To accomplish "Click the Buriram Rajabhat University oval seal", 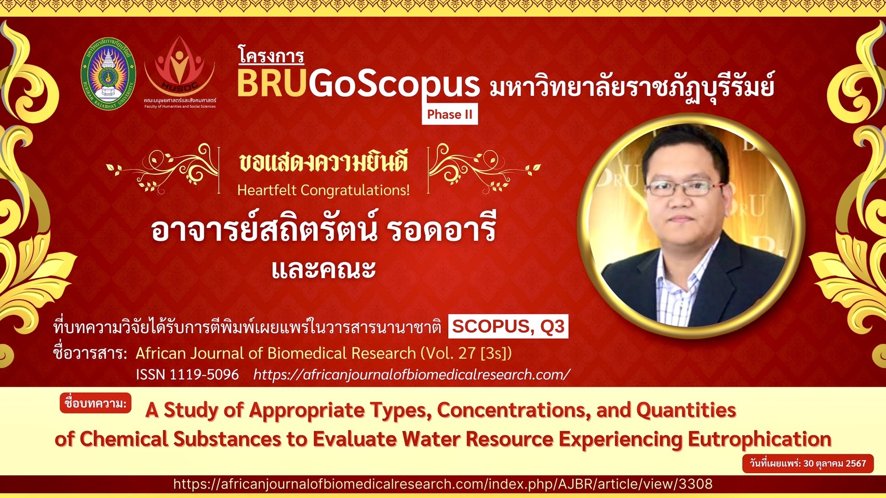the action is tap(108, 74).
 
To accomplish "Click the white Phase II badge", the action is tap(450, 114).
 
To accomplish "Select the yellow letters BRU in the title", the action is tap(272, 84).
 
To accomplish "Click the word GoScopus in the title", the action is tap(394, 86).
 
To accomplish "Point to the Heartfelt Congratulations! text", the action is tap(323, 190).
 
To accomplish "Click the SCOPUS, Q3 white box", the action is tap(508, 326).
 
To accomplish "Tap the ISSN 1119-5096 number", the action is tap(187, 375).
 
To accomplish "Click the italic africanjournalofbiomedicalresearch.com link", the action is tap(412, 375).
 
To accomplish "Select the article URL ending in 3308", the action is tap(443, 484).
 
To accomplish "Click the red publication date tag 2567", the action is tap(808, 463).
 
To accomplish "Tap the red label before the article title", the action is tap(96, 403).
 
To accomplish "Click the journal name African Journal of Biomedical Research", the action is tap(276, 353).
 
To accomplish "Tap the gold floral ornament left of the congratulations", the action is tap(162, 169).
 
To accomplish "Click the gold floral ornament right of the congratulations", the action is tap(485, 169).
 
